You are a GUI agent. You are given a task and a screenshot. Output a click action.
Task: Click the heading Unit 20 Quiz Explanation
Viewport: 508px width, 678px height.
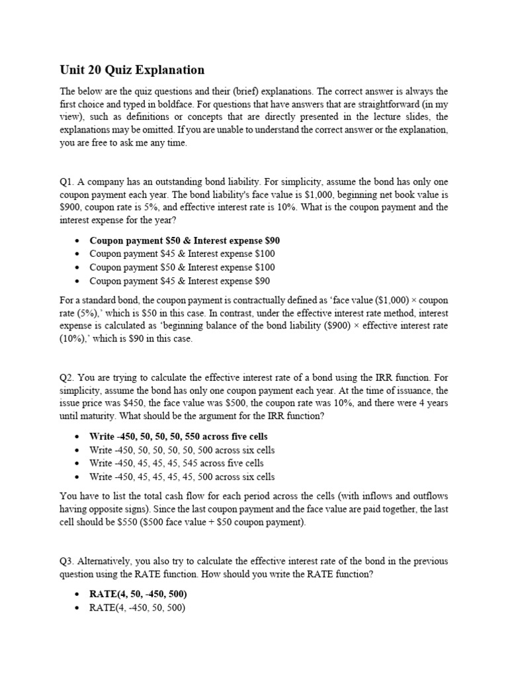click(x=132, y=70)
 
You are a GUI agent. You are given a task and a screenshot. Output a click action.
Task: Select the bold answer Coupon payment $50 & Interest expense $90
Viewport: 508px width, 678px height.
click(x=180, y=240)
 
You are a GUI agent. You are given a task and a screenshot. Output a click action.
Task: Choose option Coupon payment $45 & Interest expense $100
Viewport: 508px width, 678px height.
click(x=182, y=254)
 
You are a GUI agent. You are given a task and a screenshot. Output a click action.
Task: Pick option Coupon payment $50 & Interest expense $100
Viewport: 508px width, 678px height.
click(x=182, y=267)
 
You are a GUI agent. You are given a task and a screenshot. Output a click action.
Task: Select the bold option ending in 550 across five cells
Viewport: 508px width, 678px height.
click(x=179, y=436)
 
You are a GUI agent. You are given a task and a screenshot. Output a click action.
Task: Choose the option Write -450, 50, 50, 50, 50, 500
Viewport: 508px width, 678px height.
click(x=182, y=450)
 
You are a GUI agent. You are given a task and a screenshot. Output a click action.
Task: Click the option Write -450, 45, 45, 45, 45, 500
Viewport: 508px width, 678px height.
click(x=182, y=477)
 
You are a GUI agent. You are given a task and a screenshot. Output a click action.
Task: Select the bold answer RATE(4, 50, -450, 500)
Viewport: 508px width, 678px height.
click(x=138, y=594)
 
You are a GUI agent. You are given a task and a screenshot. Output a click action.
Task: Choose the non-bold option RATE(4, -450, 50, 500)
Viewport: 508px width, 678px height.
click(x=137, y=607)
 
